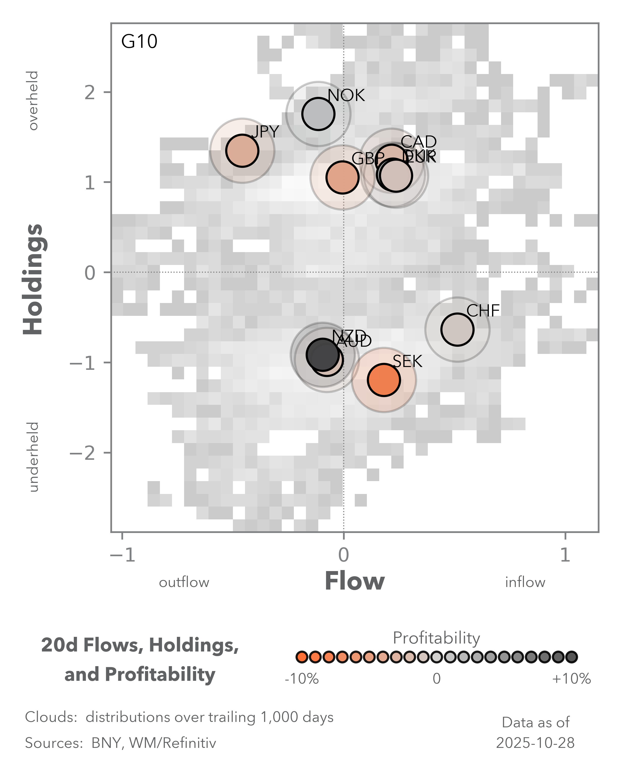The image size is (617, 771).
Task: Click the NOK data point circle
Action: click(318, 114)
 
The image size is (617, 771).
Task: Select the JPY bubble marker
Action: click(242, 151)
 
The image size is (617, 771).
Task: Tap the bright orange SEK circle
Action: click(383, 380)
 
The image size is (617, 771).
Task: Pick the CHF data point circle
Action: click(457, 329)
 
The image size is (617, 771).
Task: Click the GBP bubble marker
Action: click(342, 177)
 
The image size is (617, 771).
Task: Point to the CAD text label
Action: click(419, 142)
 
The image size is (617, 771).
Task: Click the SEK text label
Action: click(407, 362)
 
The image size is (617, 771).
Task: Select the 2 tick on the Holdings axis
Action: click(90, 93)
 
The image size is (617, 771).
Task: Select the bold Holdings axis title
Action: click(33, 279)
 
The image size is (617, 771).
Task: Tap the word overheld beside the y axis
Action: click(33, 100)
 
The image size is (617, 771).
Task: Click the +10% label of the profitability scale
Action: click(571, 679)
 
